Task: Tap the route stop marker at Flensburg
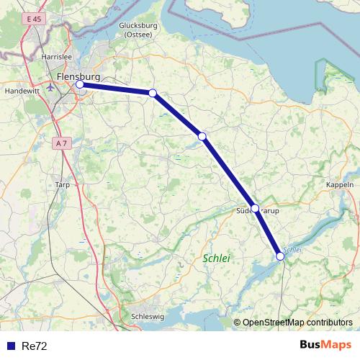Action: [80, 84]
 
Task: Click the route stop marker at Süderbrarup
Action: [255, 207]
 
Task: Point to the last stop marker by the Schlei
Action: [280, 256]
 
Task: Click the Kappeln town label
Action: [340, 185]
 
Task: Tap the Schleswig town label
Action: [149, 316]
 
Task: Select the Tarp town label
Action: [62, 185]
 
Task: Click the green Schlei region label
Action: [215, 258]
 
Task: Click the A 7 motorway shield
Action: [62, 143]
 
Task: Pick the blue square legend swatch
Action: [10, 346]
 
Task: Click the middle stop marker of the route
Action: [202, 136]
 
